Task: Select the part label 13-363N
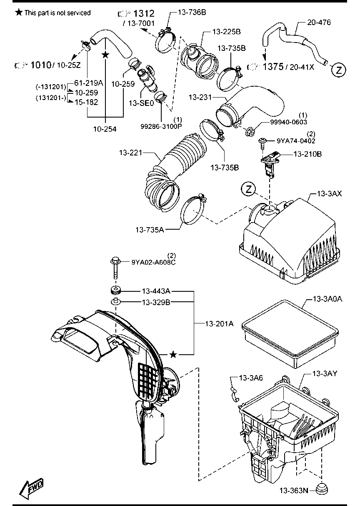tap(293, 491)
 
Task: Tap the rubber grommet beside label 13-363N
tap(322, 489)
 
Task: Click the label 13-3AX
tap(330, 193)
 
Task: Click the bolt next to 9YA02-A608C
tap(115, 268)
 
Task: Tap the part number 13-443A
tap(156, 291)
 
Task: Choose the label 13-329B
tap(156, 302)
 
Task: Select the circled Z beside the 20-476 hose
tap(339, 70)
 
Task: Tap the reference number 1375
tap(272, 67)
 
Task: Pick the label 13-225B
tap(226, 31)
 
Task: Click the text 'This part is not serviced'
tap(57, 13)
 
